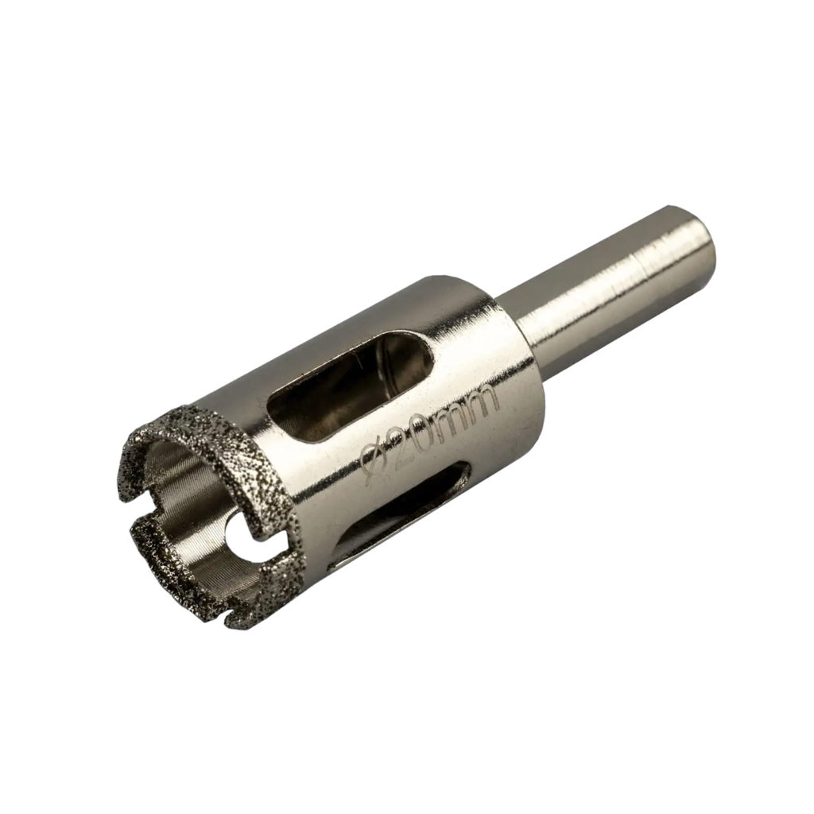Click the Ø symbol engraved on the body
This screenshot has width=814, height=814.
tap(372, 459)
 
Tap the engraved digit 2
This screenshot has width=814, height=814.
tap(401, 441)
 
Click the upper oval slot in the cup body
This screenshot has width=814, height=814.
tap(354, 390)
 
